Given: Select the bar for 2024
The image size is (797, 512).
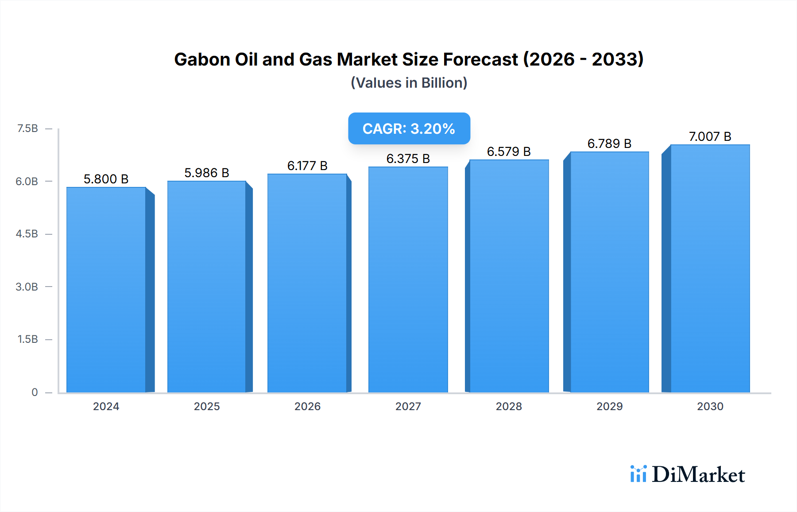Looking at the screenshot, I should coord(106,290).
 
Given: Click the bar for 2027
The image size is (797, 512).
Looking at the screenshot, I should coord(408,280).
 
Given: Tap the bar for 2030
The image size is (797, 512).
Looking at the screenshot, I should coord(710,269).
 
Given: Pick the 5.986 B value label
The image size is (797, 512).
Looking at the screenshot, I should coord(207,173).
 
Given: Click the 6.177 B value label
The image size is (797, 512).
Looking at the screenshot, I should coord(307,166).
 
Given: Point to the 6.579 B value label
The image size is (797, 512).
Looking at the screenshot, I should coord(509,151).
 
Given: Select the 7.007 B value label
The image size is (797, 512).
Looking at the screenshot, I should coord(710,136).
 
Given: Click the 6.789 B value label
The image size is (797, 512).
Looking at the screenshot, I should coord(609,144).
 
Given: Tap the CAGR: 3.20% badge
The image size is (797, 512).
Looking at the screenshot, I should coord(409,128).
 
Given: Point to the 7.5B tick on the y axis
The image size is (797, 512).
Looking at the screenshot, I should coord(27,128).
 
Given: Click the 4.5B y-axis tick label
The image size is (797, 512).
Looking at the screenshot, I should coord(27,234).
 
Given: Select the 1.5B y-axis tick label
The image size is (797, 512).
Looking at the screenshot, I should coord(27,339).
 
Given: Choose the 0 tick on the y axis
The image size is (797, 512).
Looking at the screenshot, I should coord(35,392).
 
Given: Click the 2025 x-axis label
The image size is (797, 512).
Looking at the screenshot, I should coord(207,406).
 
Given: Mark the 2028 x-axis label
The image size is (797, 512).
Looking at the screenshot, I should coord(509,406).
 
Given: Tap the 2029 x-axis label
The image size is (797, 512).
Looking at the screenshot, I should coord(609,406).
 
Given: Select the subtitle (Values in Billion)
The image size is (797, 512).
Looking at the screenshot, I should coord(409,83).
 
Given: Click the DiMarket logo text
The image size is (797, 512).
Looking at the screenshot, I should coord(698,475).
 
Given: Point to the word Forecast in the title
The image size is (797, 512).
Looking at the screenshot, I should coord(480,59).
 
